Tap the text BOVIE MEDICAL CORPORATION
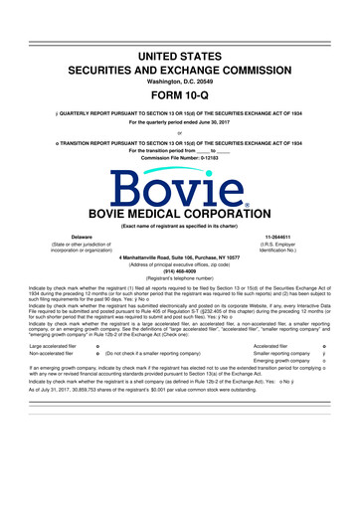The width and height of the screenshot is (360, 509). (x=180, y=213)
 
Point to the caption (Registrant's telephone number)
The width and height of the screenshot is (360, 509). (x=180, y=287)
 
